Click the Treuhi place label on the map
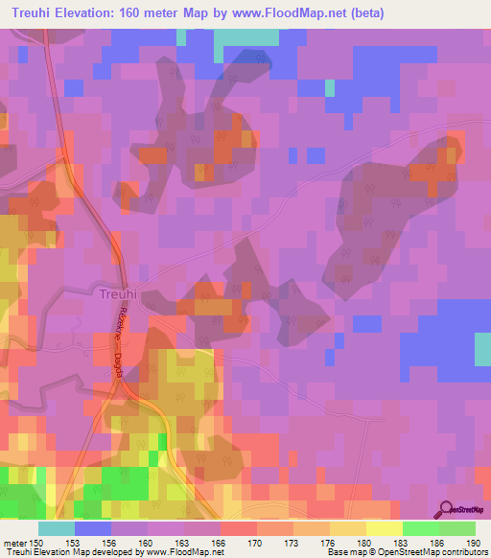120,295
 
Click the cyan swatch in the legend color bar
57,527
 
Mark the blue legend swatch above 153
93,527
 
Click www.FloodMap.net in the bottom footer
188,552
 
